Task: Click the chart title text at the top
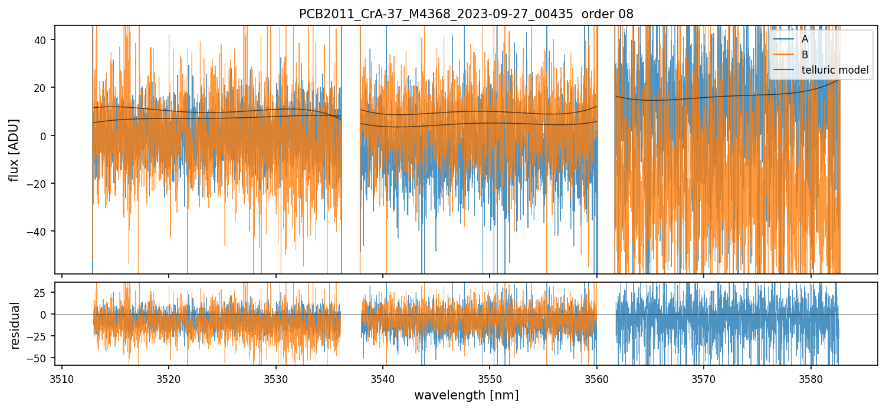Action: point(466,14)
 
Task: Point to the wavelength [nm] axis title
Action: point(466,395)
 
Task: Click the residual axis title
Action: point(15,325)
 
